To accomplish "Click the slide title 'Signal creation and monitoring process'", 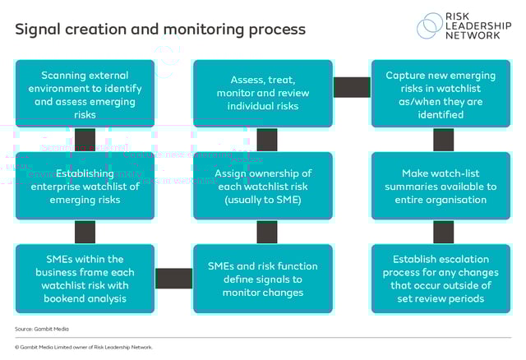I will [x=159, y=30].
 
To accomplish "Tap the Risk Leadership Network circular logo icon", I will [x=429, y=25].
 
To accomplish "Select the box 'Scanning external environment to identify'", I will [x=85, y=93].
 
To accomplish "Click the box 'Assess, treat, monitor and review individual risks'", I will [x=263, y=93].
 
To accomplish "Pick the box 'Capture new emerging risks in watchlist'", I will [x=442, y=93].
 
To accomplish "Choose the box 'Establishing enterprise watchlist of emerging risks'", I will [x=85, y=186].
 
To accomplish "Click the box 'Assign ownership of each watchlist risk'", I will [x=263, y=186].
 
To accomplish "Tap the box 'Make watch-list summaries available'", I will [x=442, y=186].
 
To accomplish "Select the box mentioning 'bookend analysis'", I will [x=85, y=279].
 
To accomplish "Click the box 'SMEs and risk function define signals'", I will [x=263, y=279].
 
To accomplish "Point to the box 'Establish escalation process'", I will [x=442, y=279].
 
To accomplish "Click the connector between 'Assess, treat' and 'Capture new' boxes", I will [x=352, y=86].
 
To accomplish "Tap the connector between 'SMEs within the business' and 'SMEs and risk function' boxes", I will [x=173, y=279].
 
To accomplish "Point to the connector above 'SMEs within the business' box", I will [x=85, y=232].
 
